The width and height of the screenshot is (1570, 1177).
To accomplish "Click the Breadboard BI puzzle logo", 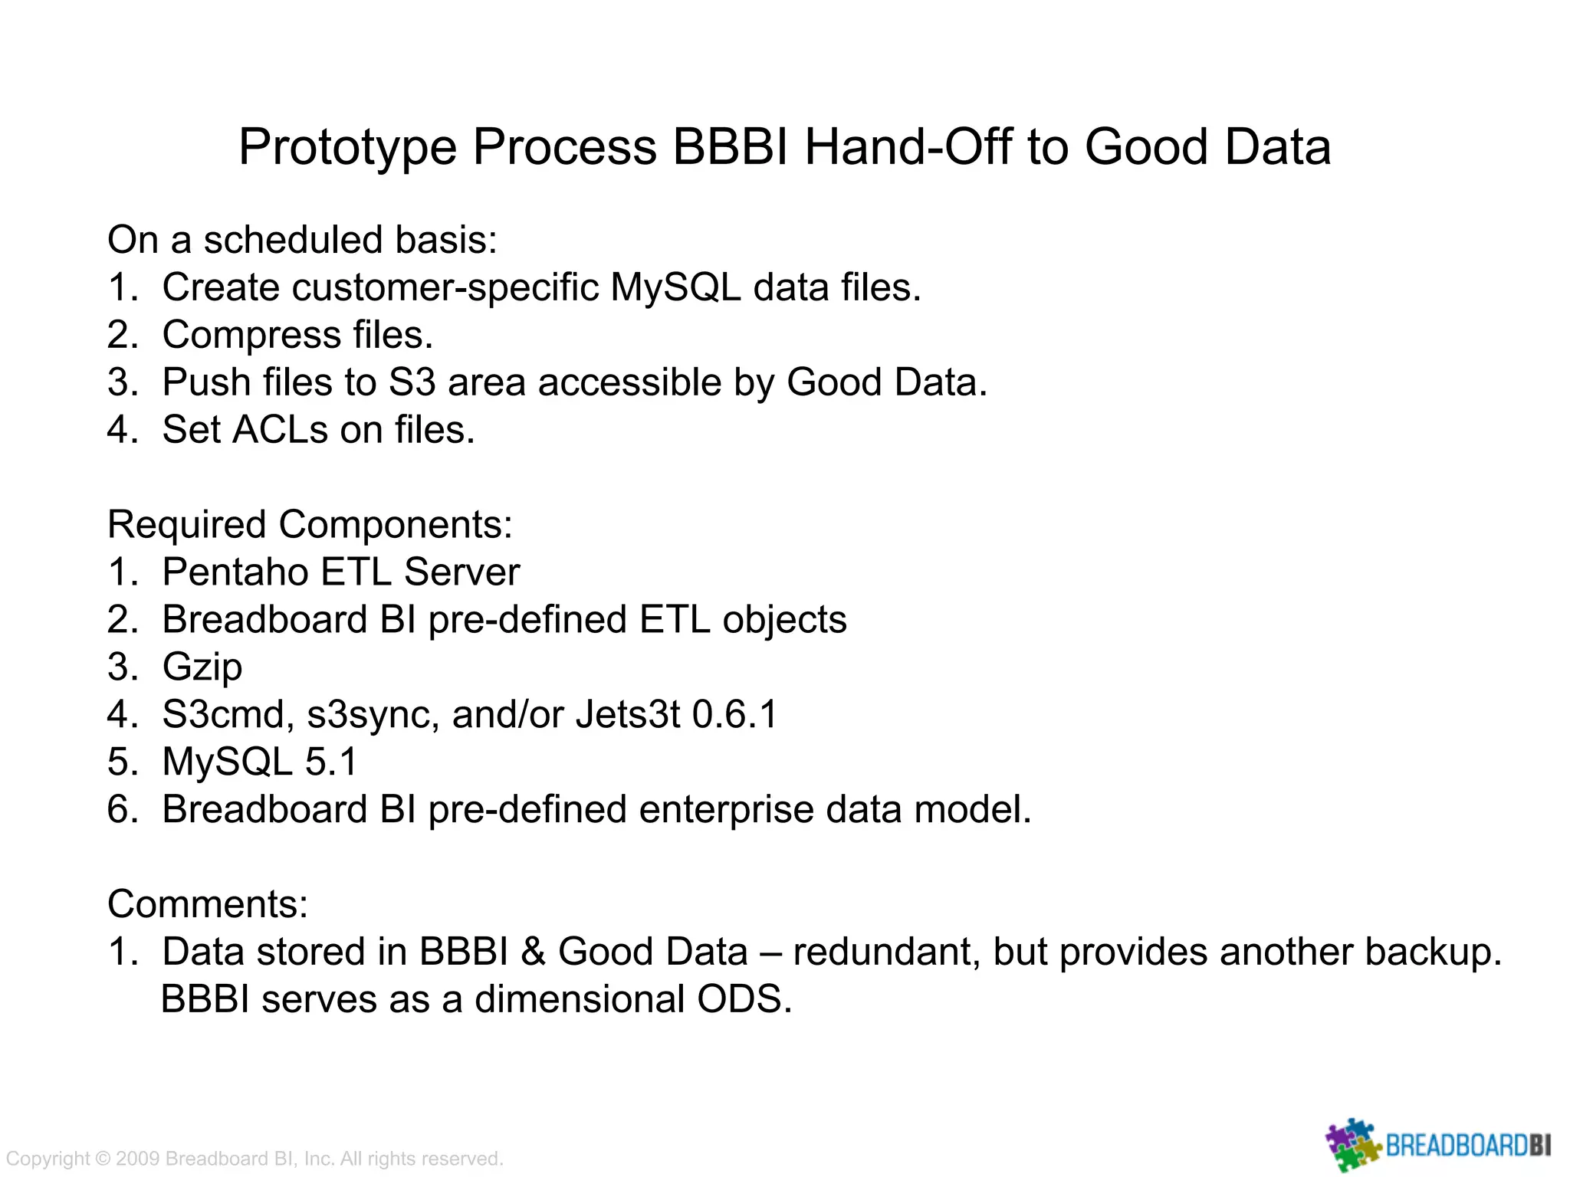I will pyautogui.click(x=1353, y=1145).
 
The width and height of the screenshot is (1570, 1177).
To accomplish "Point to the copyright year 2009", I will pyautogui.click(x=138, y=1159).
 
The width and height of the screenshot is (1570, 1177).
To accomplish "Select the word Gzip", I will pyautogui.click(x=202, y=667).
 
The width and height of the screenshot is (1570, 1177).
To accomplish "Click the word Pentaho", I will pyautogui.click(x=235, y=572).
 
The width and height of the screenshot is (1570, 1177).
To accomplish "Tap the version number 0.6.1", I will pyautogui.click(x=734, y=715).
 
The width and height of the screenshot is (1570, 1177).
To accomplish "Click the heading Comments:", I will pyautogui.click(x=208, y=904).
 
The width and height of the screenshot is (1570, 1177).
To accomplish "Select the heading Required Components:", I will pyautogui.click(x=310, y=526).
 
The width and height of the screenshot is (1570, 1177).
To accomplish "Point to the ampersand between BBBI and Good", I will pyautogui.click(x=533, y=952).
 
